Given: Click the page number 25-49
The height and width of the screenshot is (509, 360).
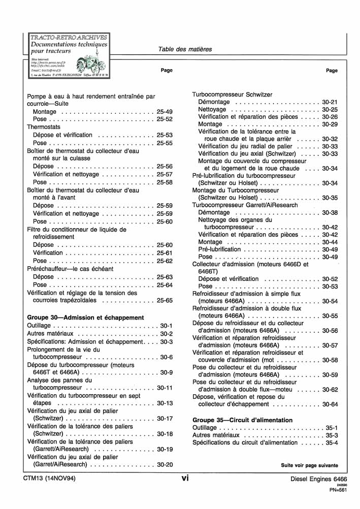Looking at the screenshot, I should click(165, 111).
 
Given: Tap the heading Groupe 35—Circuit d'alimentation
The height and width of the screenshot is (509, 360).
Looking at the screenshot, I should click(243, 420).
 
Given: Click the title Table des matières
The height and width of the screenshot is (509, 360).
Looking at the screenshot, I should click(185, 49).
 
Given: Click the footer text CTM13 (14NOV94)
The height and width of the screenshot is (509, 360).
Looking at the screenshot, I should click(49, 479).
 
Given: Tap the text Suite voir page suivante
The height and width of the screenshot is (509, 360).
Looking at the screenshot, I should click(309, 465).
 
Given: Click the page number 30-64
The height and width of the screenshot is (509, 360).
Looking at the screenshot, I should click(330, 404).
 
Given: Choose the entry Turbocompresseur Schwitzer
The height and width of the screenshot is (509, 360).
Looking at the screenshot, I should click(232, 94).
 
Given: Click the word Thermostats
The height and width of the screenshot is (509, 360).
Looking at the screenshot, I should click(44, 127).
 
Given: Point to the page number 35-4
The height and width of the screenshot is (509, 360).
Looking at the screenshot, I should click(332, 443).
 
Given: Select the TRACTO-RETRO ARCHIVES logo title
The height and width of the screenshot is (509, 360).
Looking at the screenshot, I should click(69, 37).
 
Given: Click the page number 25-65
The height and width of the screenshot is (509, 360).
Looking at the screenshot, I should click(165, 301).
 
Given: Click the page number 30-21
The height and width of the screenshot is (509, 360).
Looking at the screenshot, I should click(330, 102).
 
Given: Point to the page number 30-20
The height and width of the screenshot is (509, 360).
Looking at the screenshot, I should click(165, 464).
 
